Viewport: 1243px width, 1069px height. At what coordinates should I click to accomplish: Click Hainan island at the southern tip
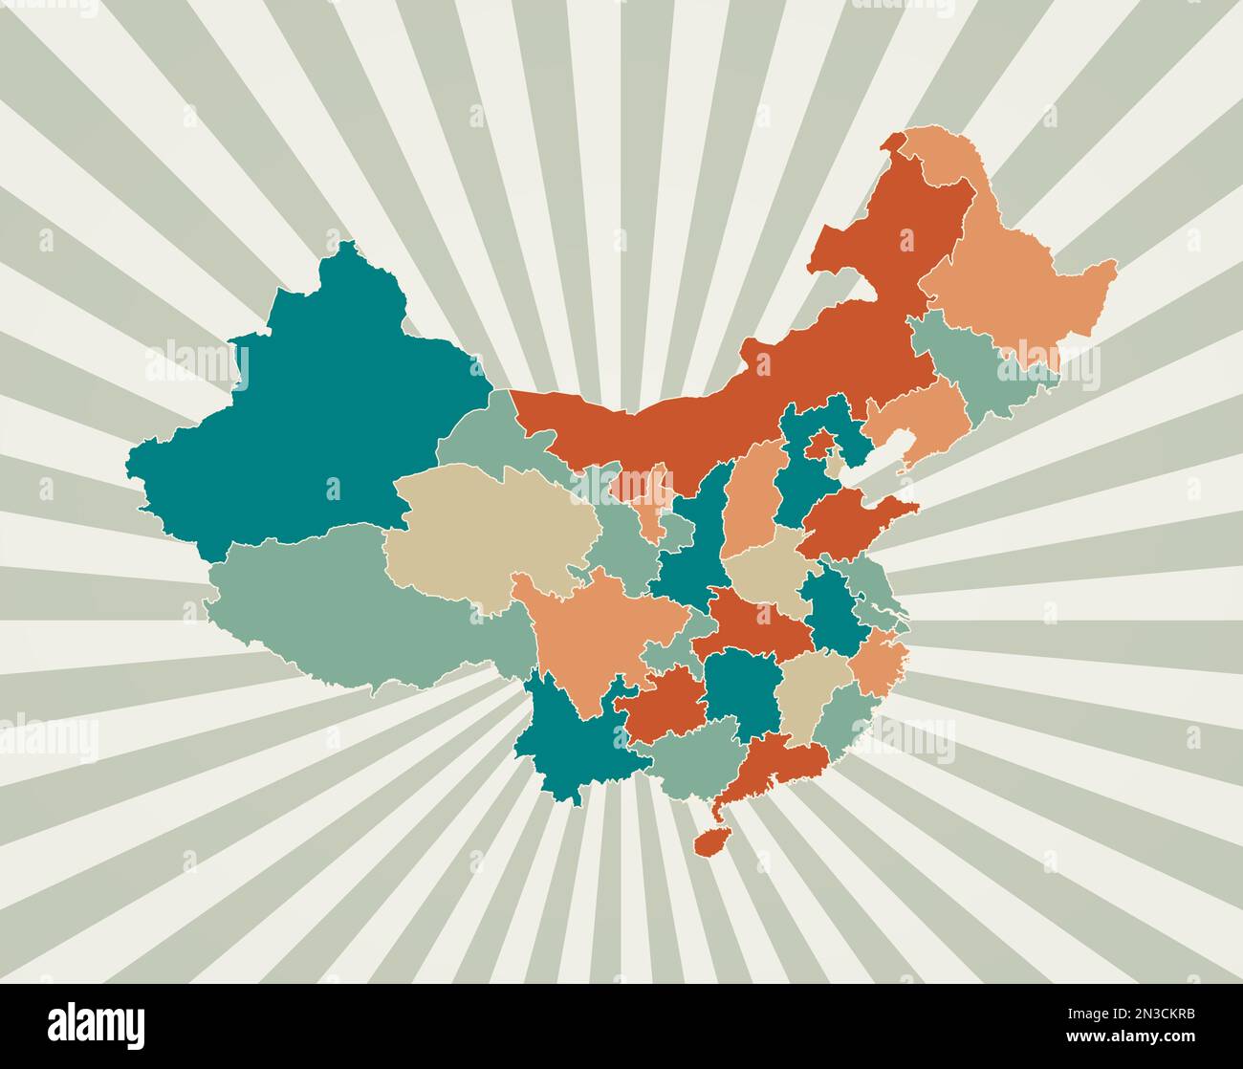(x=710, y=841)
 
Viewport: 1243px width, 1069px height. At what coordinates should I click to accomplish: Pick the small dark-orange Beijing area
(x=818, y=444)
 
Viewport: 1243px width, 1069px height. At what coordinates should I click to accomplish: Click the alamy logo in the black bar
(x=97, y=1025)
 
